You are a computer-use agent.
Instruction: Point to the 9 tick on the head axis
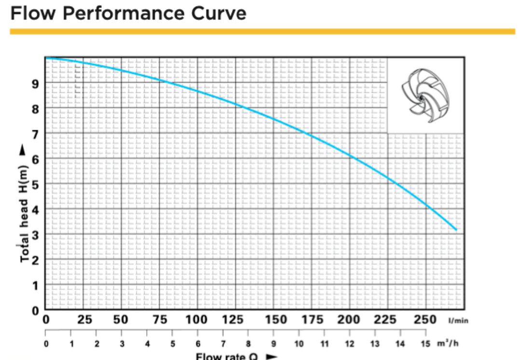36,83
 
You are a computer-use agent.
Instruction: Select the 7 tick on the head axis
36,134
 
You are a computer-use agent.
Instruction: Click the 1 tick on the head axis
36,285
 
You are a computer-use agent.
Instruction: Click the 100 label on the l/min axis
196,319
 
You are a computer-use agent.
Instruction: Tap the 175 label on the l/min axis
311,319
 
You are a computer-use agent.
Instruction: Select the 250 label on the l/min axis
425,319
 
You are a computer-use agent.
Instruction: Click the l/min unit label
458,320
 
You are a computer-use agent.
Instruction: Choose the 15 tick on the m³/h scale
425,344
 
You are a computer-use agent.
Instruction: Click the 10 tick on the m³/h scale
299,344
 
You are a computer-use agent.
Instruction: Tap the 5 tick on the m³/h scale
172,344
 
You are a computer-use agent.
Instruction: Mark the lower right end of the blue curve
455,230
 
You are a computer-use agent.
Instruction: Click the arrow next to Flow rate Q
272,357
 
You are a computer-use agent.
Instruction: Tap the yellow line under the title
262,31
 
